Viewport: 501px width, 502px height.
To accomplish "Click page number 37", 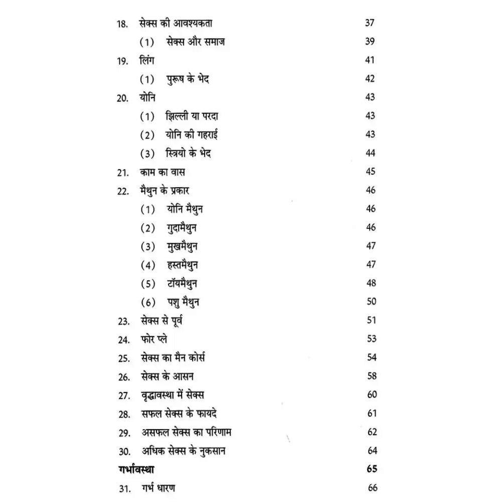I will pyautogui.click(x=370, y=23).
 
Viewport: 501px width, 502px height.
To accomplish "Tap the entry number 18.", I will pyautogui.click(x=122, y=24).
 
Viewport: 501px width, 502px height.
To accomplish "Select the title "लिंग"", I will pyautogui.click(x=148, y=60).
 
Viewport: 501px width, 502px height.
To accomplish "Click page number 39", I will pyautogui.click(x=370, y=41).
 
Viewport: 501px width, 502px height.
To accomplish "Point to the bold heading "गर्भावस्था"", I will pyautogui.click(x=133, y=469).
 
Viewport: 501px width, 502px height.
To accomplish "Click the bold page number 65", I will pyautogui.click(x=372, y=469).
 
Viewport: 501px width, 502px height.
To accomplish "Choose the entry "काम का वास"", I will pyautogui.click(x=163, y=172).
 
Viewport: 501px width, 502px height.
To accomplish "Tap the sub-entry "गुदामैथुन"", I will pyautogui.click(x=182, y=228).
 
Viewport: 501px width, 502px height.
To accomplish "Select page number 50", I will pyautogui.click(x=371, y=302).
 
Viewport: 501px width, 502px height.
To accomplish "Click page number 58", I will pyautogui.click(x=372, y=376).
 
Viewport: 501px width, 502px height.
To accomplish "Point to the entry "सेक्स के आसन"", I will pyautogui.click(x=168, y=376).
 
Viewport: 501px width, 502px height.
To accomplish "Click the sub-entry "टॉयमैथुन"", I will pyautogui.click(x=183, y=284).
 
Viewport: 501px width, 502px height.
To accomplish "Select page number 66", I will pyautogui.click(x=372, y=487).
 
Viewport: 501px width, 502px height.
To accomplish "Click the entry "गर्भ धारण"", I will pyautogui.click(x=158, y=488).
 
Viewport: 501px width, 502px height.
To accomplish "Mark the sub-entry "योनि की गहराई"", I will pyautogui.click(x=192, y=135).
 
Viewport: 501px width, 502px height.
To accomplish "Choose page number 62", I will pyautogui.click(x=372, y=432).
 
